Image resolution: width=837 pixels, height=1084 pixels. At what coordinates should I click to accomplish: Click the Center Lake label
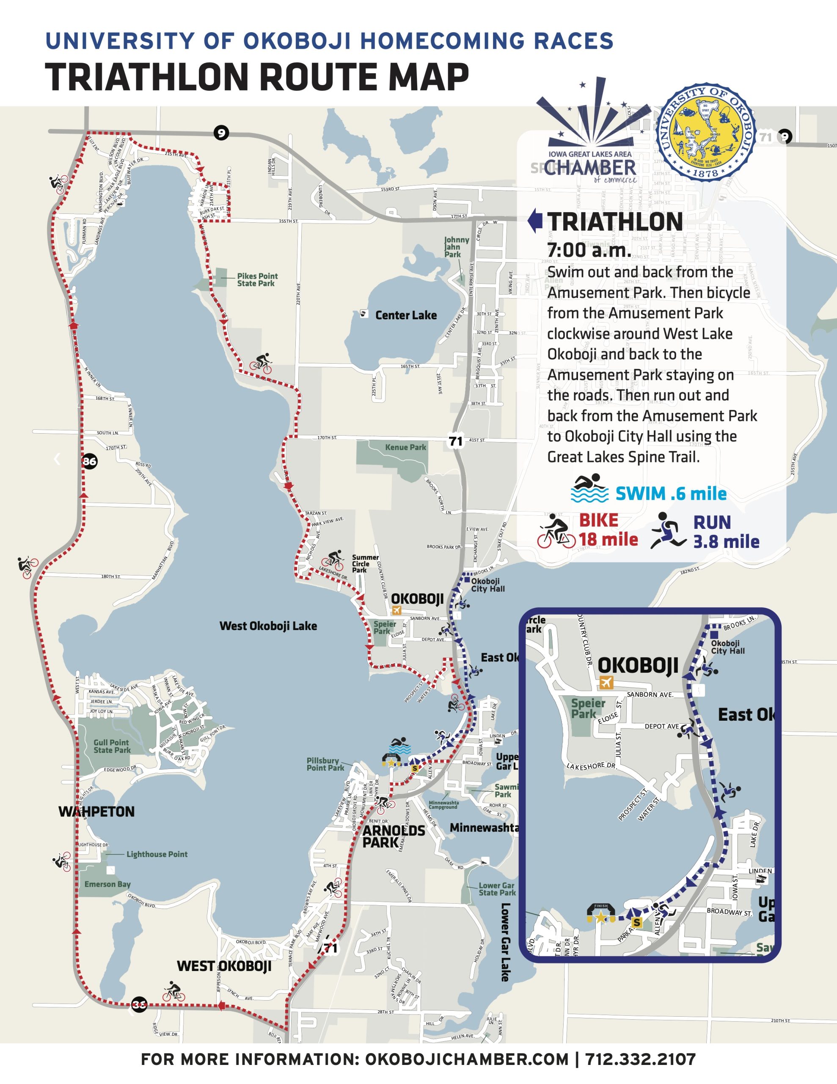click(x=406, y=315)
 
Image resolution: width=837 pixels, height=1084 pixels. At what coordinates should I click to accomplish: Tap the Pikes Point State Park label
click(x=257, y=279)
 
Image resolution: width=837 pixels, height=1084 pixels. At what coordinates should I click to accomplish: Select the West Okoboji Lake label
click(x=268, y=626)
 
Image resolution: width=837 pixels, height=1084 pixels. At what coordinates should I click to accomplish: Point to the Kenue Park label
click(x=405, y=447)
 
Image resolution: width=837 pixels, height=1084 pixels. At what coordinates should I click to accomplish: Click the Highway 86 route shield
click(x=89, y=462)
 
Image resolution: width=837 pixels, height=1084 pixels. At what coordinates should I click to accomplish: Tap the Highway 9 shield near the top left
click(x=221, y=133)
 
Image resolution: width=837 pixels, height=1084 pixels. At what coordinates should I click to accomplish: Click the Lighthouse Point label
click(x=157, y=854)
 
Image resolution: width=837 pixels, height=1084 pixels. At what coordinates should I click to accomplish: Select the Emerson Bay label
click(x=107, y=884)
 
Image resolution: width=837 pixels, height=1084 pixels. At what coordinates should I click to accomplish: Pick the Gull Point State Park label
click(x=112, y=746)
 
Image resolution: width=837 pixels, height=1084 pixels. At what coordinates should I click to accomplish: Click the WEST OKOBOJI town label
click(x=224, y=966)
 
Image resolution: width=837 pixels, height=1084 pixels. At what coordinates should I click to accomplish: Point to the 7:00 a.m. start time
click(x=589, y=250)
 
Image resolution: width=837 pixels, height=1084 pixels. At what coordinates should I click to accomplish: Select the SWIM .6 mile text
click(x=671, y=494)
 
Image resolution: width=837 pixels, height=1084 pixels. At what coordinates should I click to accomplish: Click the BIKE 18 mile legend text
click(x=608, y=530)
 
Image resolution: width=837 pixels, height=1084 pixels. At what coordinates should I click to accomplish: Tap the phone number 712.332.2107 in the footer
click(x=640, y=1060)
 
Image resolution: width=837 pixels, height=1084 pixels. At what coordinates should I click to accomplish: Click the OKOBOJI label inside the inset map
click(x=638, y=665)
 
